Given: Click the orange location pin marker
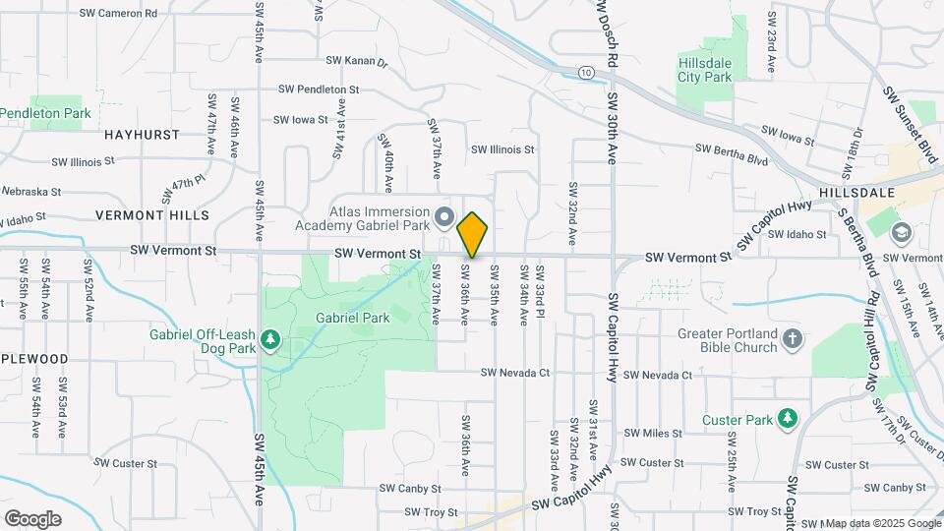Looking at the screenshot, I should pos(472,234).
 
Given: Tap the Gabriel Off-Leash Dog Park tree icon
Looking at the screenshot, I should pos(270,340).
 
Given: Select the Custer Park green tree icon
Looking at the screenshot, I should pos(787,419).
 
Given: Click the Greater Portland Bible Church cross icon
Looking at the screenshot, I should pos(794,340).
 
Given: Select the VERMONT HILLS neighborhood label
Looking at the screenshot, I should pos(152,214).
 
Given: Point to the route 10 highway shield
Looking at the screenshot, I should pos(586,72).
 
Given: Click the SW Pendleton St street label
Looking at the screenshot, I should pos(319,88).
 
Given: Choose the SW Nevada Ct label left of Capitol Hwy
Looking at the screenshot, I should pos(515,374).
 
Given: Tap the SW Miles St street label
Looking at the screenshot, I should pos(652,434).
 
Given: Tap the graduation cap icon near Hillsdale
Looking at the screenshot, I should pos(900,233).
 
